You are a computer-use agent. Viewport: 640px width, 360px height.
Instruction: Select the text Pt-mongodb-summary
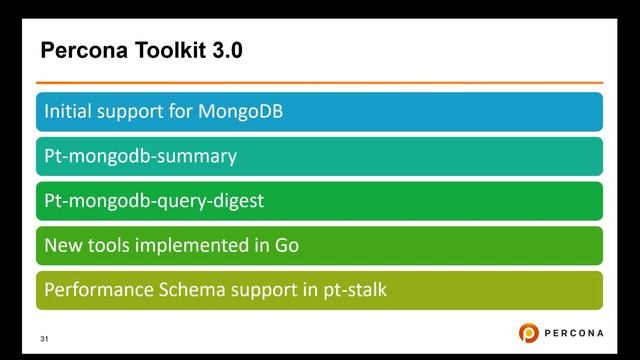click(x=140, y=156)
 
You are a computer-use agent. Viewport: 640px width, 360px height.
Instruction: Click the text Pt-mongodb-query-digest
click(x=154, y=201)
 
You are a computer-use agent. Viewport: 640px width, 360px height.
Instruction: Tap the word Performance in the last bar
click(x=96, y=290)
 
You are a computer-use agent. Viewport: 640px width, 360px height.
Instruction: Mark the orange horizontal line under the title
click(x=320, y=82)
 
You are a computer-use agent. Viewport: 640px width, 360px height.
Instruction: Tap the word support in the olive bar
click(x=260, y=290)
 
